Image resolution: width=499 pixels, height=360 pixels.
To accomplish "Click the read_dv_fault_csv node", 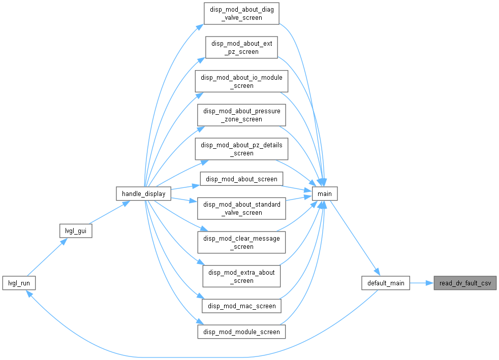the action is pos(465,283).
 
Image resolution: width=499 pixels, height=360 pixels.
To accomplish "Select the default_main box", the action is pos(386,283).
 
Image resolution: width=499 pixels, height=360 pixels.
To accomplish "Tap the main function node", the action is pos(325,193).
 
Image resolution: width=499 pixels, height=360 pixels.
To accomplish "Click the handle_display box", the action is pos(143,193).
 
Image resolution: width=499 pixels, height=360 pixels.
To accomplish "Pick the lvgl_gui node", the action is pos(76,231).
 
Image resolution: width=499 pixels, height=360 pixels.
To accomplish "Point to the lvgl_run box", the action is pos(19,283).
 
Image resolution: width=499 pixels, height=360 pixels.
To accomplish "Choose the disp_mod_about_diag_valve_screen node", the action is pos(241,13).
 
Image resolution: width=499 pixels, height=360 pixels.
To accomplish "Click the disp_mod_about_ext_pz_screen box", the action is pos(241,47).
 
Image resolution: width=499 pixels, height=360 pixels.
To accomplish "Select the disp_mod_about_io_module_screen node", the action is pos(241,81).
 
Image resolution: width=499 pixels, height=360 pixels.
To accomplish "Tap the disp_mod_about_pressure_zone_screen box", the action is pos(241,115).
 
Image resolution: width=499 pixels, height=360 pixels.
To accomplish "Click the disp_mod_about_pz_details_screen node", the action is pos(241,149).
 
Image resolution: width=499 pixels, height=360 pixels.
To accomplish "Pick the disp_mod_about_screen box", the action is pos(241,179).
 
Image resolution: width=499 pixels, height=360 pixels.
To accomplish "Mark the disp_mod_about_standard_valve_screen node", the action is pos(241,208).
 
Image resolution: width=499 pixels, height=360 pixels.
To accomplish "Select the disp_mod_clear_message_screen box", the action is pos(241,242).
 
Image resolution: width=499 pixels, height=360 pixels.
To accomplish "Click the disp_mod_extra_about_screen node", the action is pos(241,276).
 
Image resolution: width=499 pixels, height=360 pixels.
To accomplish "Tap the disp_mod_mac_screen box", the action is pos(241,306).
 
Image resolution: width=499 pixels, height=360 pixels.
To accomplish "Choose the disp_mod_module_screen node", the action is pos(241,332).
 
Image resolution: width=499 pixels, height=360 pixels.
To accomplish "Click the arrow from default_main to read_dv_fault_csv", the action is pos(422,283).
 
